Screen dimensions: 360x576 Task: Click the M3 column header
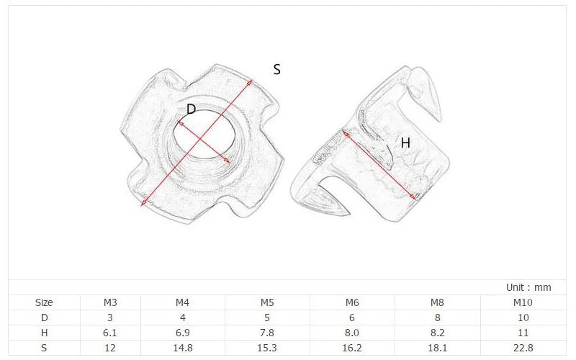[x=110, y=302]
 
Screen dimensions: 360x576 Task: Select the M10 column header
[x=523, y=302]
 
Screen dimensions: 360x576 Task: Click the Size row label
[x=44, y=302]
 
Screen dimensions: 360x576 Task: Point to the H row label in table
[x=44, y=332]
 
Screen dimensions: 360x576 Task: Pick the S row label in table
[x=44, y=347]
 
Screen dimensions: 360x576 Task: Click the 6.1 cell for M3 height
[x=110, y=332]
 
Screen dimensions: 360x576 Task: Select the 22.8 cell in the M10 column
[x=523, y=347]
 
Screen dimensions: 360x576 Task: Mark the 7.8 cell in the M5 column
[x=268, y=332]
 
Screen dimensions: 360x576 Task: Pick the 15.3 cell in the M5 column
[x=268, y=347]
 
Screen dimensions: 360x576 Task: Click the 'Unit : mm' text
[x=528, y=287]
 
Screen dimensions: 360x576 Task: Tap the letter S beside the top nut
[x=276, y=70]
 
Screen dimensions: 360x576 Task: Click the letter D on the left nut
[x=191, y=109]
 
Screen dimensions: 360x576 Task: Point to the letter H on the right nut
[x=405, y=143]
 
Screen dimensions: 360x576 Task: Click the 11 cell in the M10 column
[x=523, y=332]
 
